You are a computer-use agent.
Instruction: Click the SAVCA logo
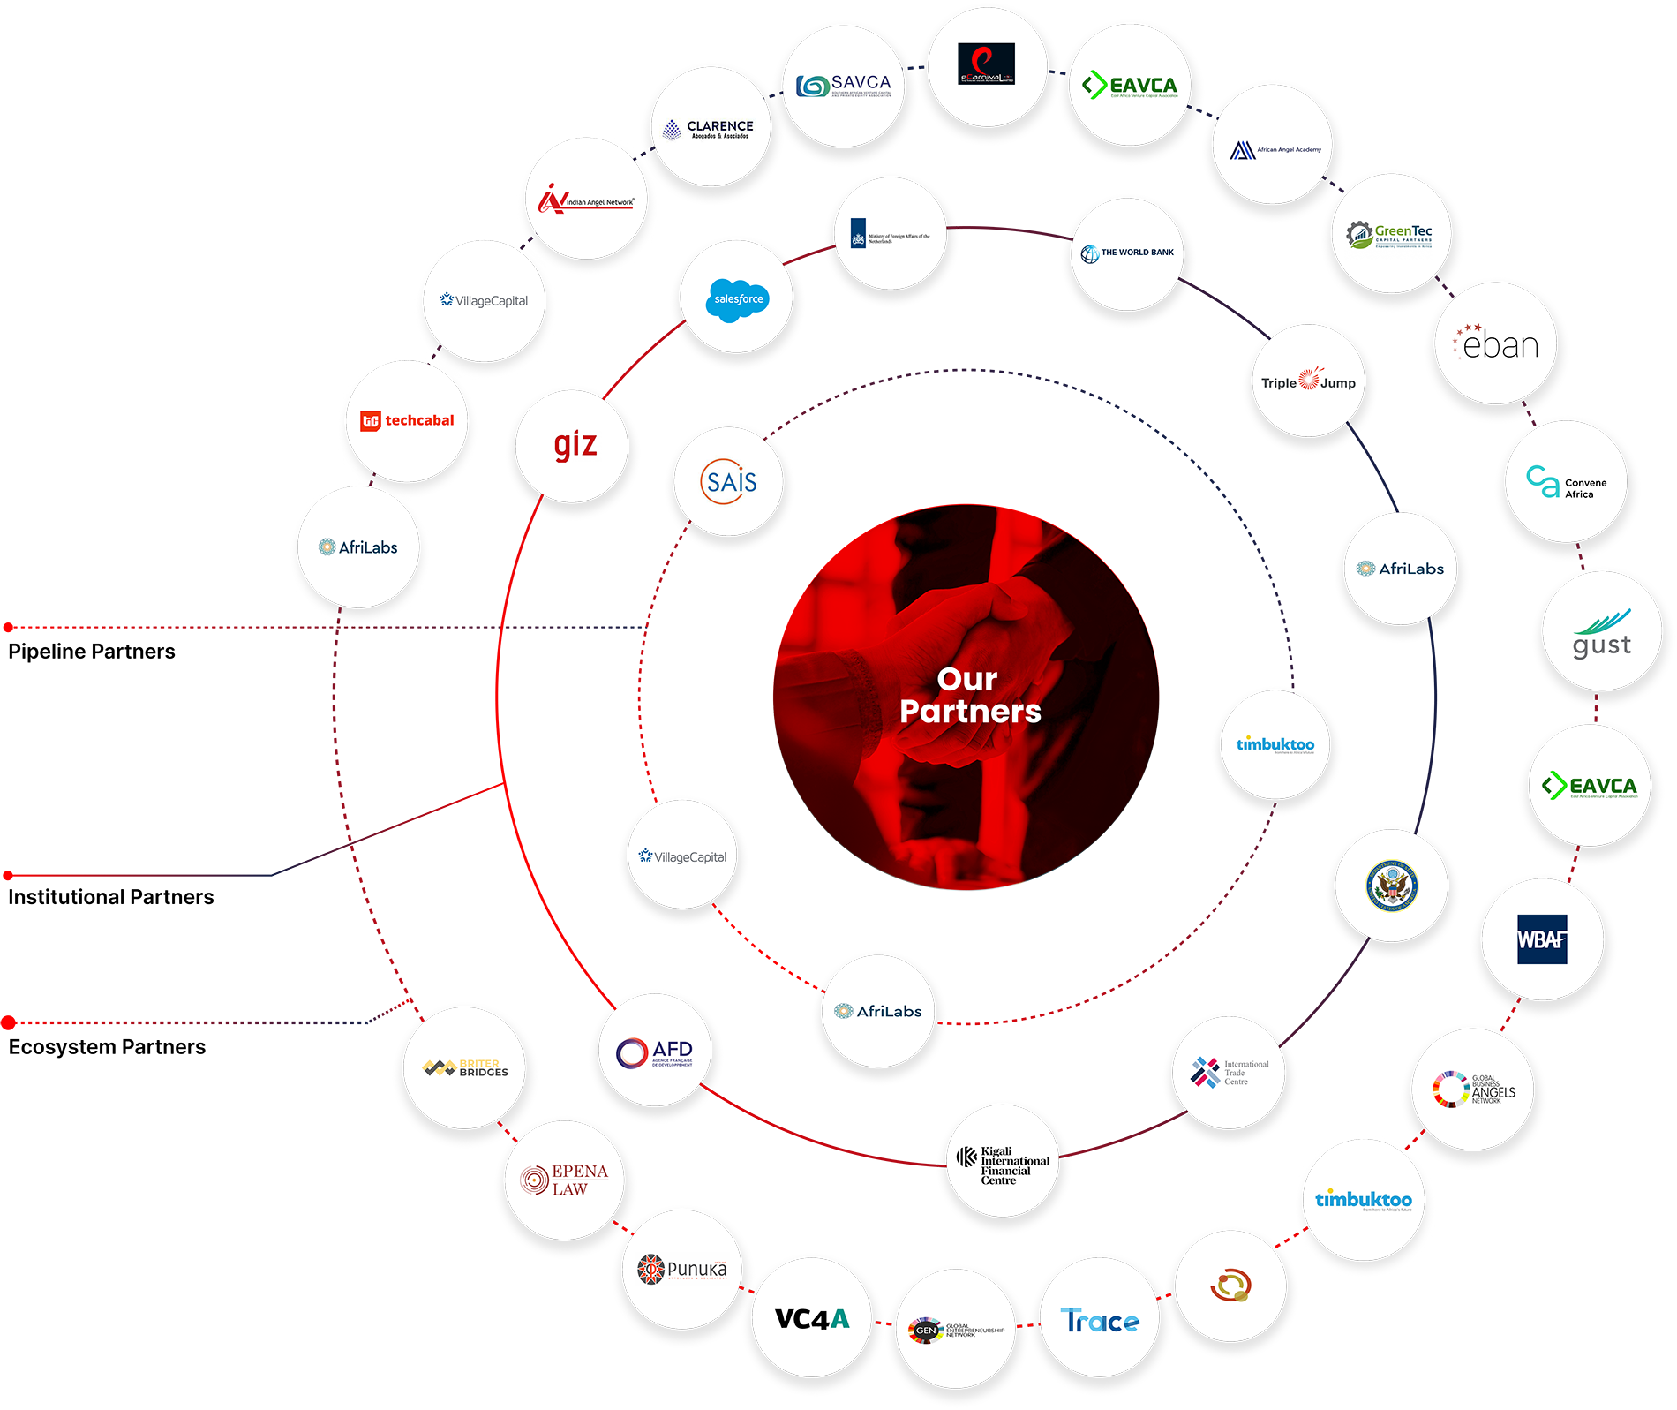(x=844, y=86)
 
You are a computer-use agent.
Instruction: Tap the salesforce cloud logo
(x=738, y=299)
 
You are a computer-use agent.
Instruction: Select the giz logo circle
(x=575, y=445)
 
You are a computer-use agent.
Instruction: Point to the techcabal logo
(x=407, y=420)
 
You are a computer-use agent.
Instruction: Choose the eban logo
(x=1497, y=343)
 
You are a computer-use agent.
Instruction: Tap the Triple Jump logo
(x=1308, y=381)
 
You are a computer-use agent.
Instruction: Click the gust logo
(x=1601, y=635)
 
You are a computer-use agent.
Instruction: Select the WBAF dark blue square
(x=1541, y=939)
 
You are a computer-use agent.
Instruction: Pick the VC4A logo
(x=812, y=1319)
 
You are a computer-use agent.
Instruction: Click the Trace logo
(x=1100, y=1321)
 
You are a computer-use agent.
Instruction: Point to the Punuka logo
(x=682, y=1269)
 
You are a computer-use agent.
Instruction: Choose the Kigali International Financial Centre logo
(x=1004, y=1165)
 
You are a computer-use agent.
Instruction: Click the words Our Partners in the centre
(x=969, y=695)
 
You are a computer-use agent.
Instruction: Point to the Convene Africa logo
(x=1567, y=483)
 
